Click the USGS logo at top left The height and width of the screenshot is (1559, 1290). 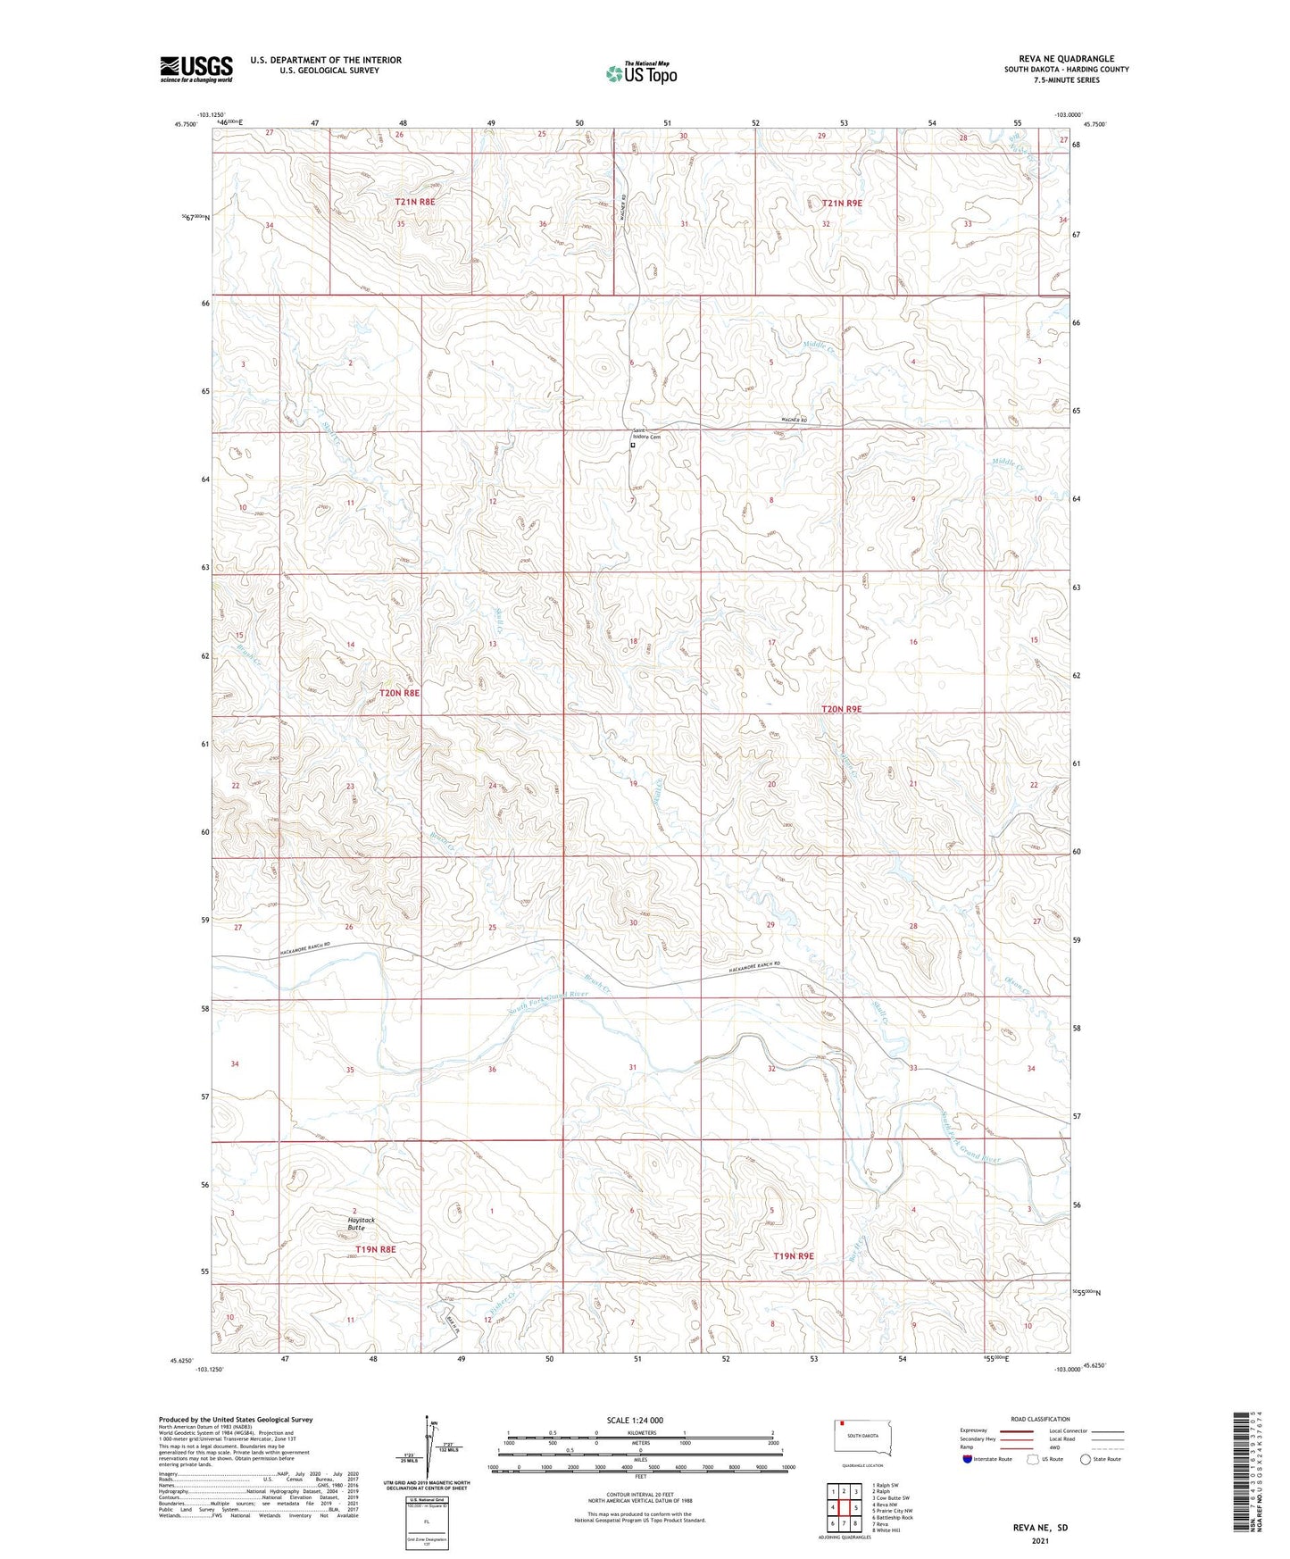coord(196,69)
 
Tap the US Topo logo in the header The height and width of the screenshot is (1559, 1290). coord(640,73)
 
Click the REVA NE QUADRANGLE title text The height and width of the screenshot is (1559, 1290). coord(1066,59)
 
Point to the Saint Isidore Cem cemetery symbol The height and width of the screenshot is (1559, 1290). coord(633,445)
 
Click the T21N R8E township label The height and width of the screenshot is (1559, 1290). coord(415,203)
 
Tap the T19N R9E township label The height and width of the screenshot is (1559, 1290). coord(794,1256)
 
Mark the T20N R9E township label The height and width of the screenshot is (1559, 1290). coord(841,709)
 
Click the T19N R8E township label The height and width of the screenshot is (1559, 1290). coord(375,1249)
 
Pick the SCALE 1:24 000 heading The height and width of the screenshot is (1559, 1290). coord(635,1421)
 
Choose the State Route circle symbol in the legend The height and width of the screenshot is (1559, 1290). coord(1085,1459)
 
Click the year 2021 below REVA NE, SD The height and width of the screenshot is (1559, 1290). coord(1040,1541)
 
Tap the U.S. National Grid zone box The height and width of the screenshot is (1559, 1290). coord(425,1521)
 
